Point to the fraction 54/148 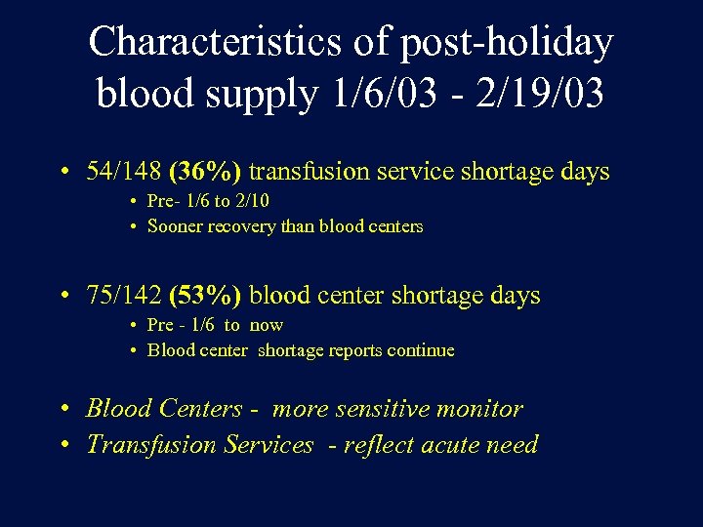point(124,172)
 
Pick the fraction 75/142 point(124,296)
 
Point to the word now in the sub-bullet point(266,325)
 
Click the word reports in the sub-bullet point(350,350)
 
